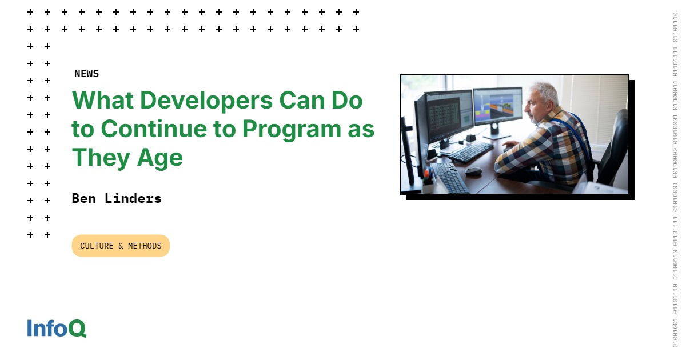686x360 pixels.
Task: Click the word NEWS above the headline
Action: (x=86, y=74)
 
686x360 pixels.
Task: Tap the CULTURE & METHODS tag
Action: (x=121, y=246)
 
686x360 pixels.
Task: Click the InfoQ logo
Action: (x=57, y=328)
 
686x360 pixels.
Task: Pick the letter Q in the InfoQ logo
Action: (x=78, y=329)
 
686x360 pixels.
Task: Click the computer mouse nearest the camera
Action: (x=473, y=171)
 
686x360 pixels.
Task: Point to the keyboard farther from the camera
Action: (x=471, y=151)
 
